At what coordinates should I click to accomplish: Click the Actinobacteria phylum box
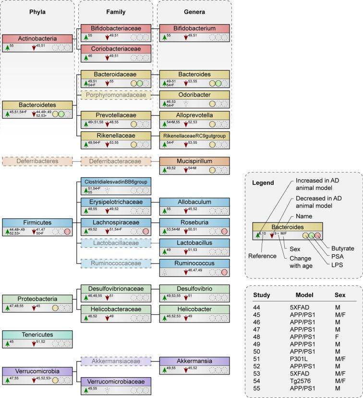click(x=37, y=38)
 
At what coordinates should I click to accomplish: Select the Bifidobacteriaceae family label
click(x=115, y=29)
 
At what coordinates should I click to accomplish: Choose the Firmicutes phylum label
click(x=37, y=223)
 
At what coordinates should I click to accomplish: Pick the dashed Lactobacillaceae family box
click(x=115, y=243)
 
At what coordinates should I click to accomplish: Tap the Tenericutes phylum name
click(x=37, y=334)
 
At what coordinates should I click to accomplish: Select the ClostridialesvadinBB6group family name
click(x=115, y=182)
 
